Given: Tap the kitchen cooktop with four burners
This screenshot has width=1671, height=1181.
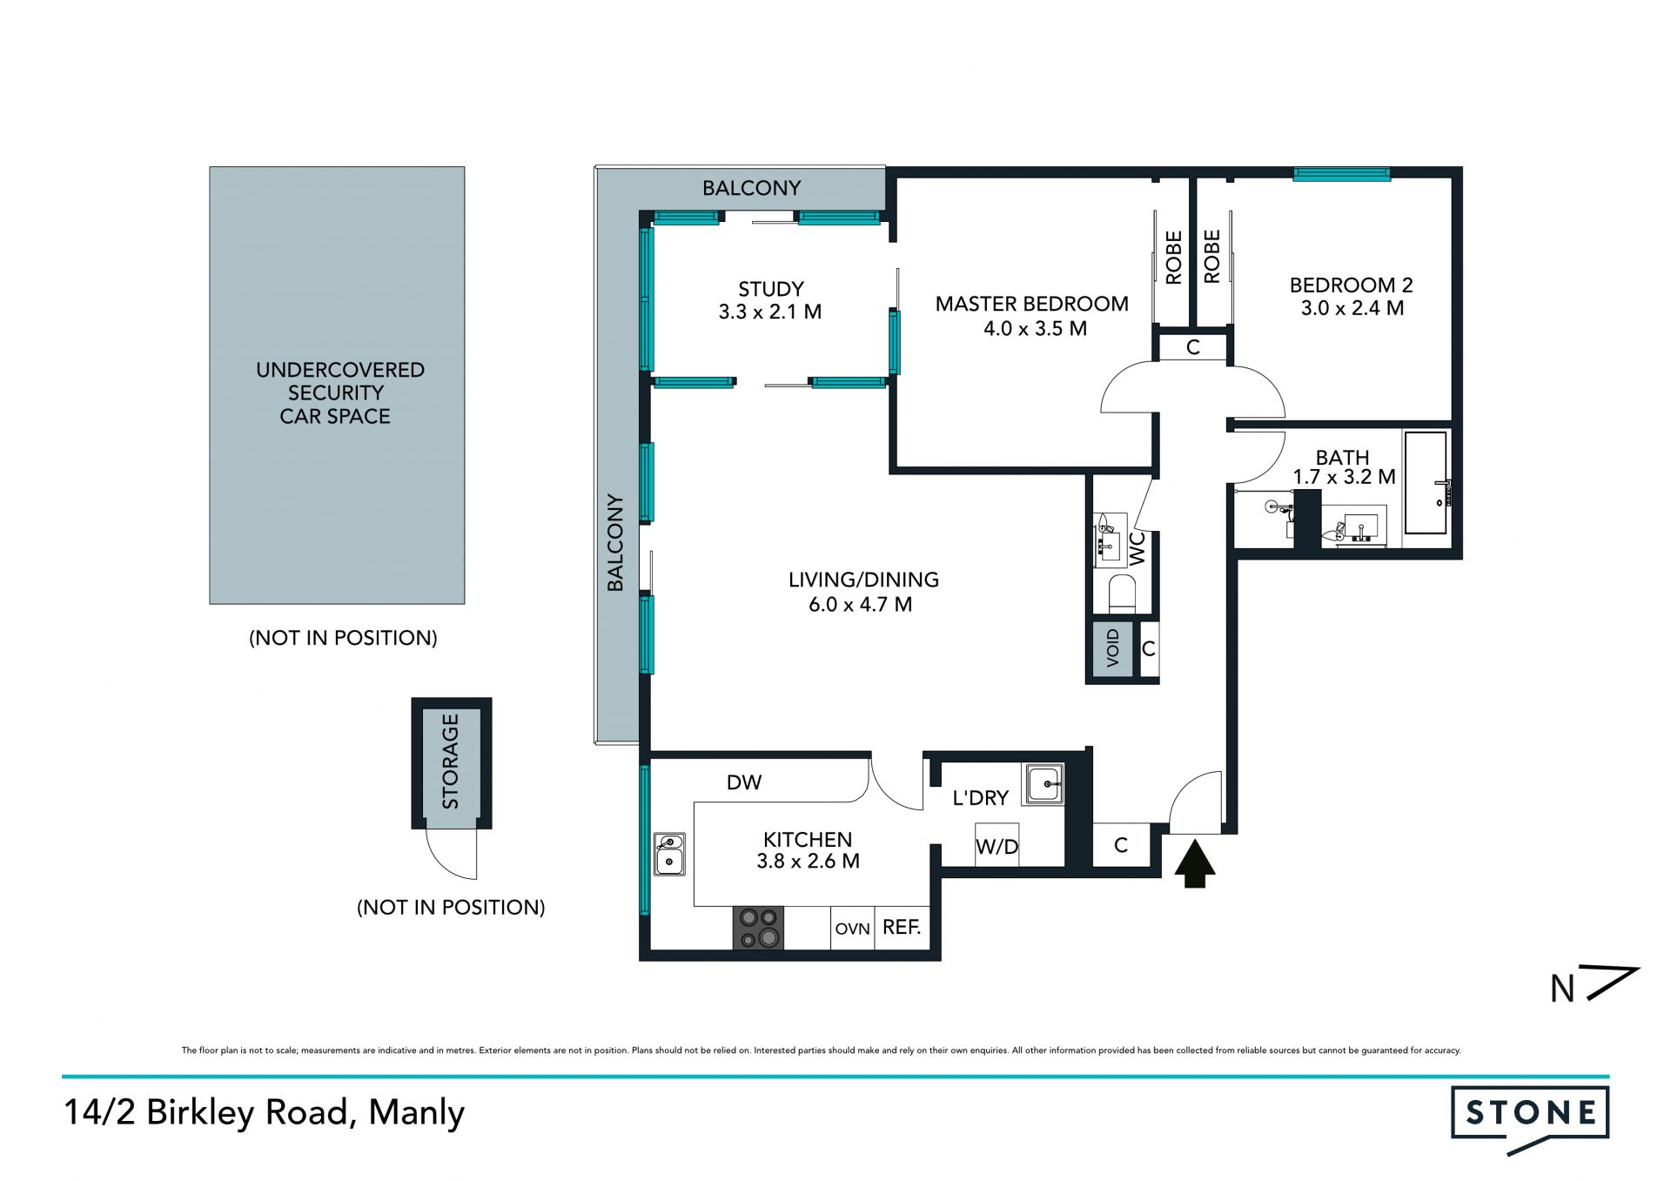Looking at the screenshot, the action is [758, 928].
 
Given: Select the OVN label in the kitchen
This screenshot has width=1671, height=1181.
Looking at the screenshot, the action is [852, 929].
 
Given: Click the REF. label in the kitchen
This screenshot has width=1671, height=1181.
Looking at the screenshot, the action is [902, 927].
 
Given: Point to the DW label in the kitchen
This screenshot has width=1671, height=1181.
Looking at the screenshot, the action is [744, 782].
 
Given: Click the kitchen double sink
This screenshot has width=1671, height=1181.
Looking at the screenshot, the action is [669, 854].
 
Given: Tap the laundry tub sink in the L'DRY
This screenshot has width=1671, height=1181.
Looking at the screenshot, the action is [1043, 784].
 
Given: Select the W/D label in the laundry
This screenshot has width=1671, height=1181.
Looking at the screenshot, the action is [997, 846].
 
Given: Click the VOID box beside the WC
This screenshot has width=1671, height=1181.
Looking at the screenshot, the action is [1111, 648].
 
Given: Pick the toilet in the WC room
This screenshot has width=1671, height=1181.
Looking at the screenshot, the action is [1122, 593].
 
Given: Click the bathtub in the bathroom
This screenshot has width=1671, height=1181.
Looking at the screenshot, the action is [1426, 483].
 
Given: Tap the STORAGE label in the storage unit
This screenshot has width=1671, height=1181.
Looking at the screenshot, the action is [450, 762].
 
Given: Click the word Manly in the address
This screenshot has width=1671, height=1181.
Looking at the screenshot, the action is [417, 1112].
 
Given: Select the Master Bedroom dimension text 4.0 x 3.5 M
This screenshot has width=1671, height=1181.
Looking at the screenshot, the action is [1035, 328].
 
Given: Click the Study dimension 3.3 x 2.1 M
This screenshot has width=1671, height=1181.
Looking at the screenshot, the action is [770, 312].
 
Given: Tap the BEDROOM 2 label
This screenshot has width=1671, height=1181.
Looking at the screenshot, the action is [1351, 285].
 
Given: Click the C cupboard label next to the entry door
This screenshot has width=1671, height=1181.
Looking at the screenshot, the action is [1121, 845].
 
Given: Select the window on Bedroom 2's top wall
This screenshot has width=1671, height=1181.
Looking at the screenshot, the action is [1341, 174].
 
